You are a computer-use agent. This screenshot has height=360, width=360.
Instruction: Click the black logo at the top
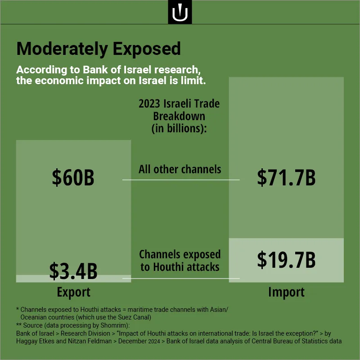pyautogui.click(x=180, y=12)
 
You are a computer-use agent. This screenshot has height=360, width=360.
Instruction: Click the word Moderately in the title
pyautogui.click(x=62, y=49)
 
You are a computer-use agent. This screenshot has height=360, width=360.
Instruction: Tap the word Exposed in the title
pyautogui.click(x=147, y=49)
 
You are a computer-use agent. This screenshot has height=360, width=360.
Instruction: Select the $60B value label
pyautogui.click(x=73, y=177)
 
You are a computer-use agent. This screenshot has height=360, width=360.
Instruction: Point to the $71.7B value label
pyautogui.click(x=286, y=177)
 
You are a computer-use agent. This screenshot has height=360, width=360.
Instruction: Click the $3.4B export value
pyautogui.click(x=73, y=271)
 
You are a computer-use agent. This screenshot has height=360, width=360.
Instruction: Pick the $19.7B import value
pyautogui.click(x=286, y=260)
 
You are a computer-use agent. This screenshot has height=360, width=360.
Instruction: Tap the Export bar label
pyautogui.click(x=73, y=292)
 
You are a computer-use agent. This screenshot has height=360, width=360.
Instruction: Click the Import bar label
pyautogui.click(x=286, y=292)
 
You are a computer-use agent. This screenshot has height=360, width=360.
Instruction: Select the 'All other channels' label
pyautogui.click(x=180, y=170)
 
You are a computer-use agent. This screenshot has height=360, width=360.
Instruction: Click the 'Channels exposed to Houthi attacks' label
pyautogui.click(x=180, y=261)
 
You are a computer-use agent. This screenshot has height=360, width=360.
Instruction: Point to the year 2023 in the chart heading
pyautogui.click(x=149, y=104)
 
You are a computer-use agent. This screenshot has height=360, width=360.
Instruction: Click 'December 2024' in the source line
pyautogui.click(x=139, y=341)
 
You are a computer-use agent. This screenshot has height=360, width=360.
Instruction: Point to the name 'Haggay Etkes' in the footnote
pyautogui.click(x=35, y=341)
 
